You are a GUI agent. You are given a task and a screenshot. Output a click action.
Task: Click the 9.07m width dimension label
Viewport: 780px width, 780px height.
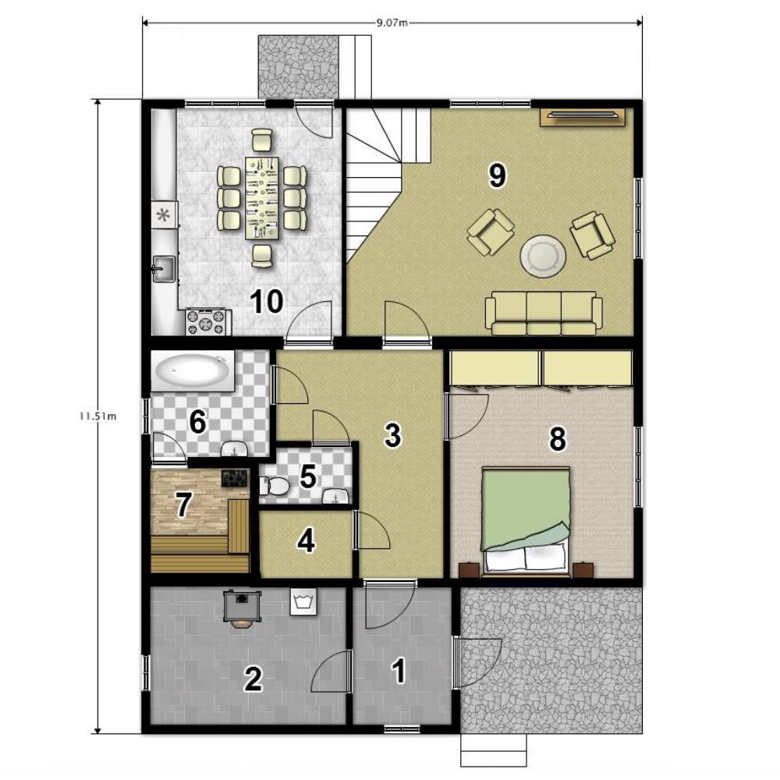392,23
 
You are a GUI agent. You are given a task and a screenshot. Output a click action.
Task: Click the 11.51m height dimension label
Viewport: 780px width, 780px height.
97,417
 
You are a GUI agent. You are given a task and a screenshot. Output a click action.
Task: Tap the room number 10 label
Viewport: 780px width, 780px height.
267,301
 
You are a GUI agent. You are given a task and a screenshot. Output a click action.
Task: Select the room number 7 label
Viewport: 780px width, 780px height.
183,505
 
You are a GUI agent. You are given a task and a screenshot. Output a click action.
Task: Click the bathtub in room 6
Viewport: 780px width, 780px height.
193,371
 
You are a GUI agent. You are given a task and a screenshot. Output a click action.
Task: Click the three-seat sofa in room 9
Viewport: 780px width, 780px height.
544,313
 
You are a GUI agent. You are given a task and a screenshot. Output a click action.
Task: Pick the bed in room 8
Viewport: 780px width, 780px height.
525,523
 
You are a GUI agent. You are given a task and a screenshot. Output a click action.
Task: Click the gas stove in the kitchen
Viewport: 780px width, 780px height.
208,321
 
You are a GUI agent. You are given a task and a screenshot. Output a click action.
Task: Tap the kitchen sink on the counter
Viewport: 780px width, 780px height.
164,269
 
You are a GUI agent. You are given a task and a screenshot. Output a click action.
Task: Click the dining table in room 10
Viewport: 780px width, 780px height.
261,197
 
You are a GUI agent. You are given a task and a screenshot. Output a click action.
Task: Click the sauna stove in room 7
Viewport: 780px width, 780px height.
235,479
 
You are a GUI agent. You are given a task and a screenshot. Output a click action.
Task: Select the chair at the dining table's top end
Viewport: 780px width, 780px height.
261,140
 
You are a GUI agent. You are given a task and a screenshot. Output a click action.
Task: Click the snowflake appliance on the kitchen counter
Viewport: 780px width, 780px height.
164,215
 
